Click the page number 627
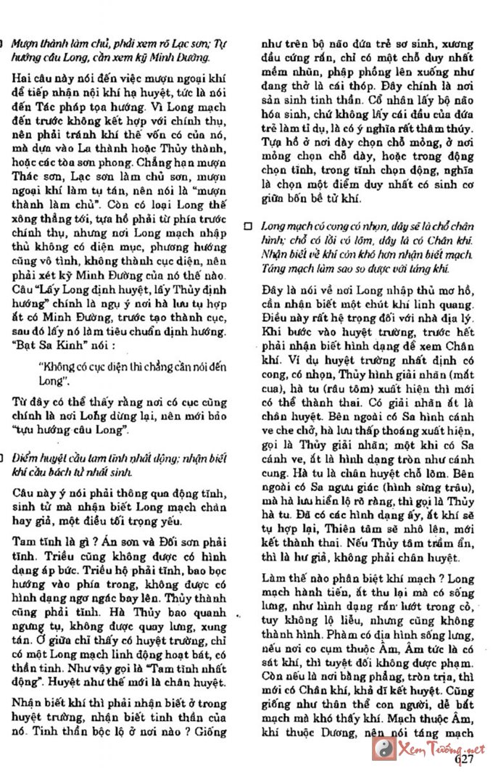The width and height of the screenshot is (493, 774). pos(464,759)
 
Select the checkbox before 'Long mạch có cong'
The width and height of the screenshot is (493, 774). pos(248,226)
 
